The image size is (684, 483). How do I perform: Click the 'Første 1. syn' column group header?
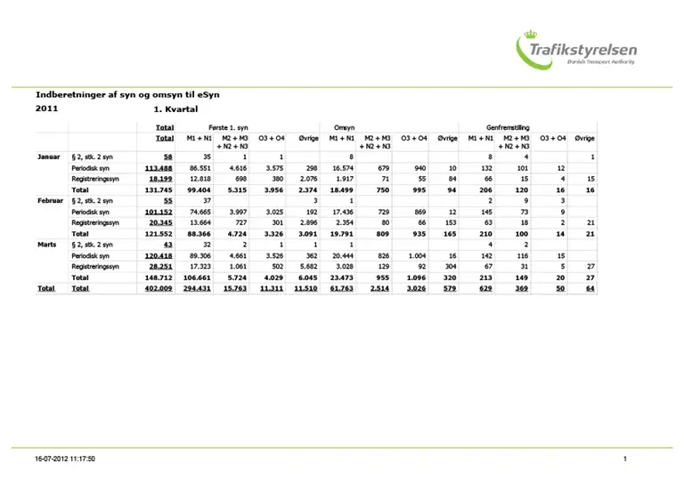(x=228, y=127)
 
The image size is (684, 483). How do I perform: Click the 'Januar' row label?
(x=48, y=157)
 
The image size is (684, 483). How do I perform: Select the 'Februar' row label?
(x=49, y=202)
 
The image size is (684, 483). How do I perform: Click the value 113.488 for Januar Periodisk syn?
(x=158, y=167)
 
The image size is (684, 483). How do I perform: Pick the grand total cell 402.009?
(x=158, y=288)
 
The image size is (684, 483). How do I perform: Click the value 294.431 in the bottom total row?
(x=195, y=288)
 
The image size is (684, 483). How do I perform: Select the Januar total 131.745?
(x=158, y=189)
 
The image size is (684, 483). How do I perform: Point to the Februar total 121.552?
(x=158, y=233)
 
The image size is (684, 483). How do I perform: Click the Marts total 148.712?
(x=158, y=277)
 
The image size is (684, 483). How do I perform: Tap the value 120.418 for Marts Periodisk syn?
(x=158, y=254)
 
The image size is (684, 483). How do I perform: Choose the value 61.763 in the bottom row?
(x=341, y=288)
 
